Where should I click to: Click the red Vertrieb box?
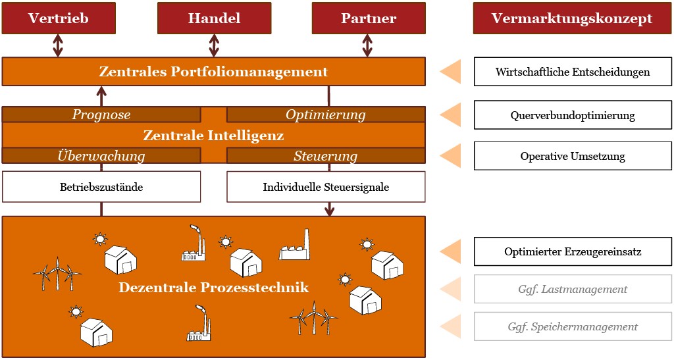[x=59, y=18]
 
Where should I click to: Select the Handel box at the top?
[x=214, y=18]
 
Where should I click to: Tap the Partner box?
[x=368, y=18]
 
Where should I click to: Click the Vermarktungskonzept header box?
[x=572, y=18]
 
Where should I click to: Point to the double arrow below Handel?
[x=214, y=45]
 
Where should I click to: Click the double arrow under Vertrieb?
[x=59, y=45]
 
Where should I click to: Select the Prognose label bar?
[x=101, y=115]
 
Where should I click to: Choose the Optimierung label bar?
[x=326, y=115]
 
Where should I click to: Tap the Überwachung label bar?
[x=101, y=156]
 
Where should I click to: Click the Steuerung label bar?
[x=326, y=156]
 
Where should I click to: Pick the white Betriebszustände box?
[x=101, y=187]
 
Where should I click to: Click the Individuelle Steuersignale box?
[x=326, y=187]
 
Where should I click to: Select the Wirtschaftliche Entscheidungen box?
[x=573, y=72]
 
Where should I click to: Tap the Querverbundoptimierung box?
[x=573, y=115]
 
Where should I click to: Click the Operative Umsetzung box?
[x=573, y=157]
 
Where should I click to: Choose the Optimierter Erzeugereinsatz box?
[x=573, y=251]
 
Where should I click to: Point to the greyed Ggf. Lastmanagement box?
[x=573, y=289]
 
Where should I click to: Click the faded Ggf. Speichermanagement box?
[x=573, y=326]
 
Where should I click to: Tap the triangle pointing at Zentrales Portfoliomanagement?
[x=451, y=72]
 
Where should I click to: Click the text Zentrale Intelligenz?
[x=213, y=136]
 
